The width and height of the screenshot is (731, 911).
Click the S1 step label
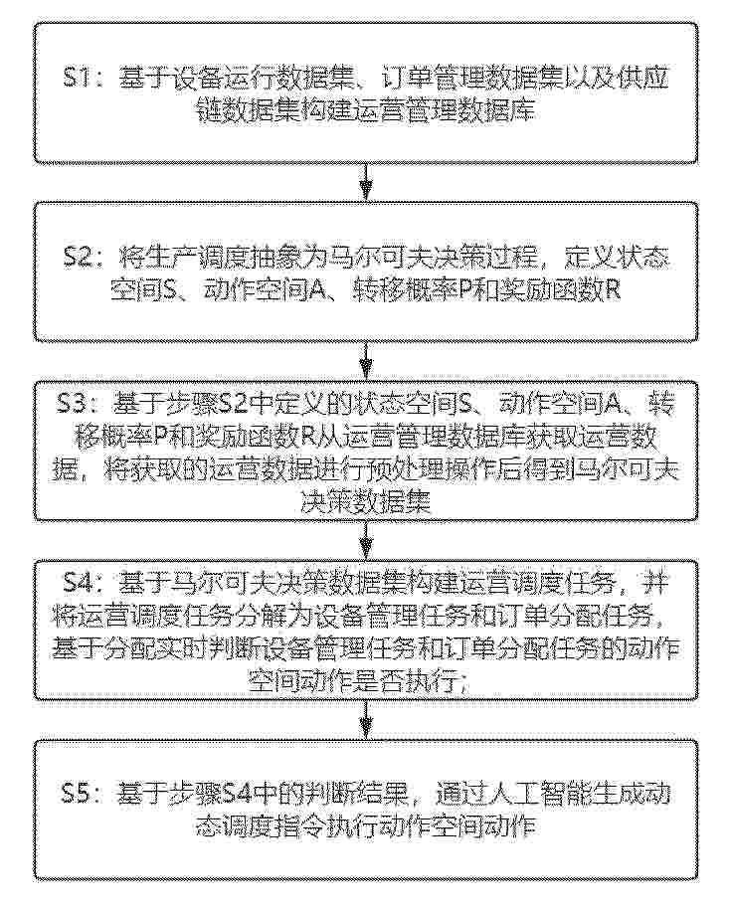[x=78, y=79]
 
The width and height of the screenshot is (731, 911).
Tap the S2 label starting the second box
[x=80, y=257]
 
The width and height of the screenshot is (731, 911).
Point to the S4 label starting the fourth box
[x=80, y=583]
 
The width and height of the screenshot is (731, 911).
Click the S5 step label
[x=79, y=793]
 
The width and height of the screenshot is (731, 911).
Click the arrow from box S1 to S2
[x=366, y=182]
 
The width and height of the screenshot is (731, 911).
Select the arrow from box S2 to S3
[x=366, y=361]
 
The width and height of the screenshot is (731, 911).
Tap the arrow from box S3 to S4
[x=366, y=540]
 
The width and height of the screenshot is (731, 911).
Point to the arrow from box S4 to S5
[x=366, y=719]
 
